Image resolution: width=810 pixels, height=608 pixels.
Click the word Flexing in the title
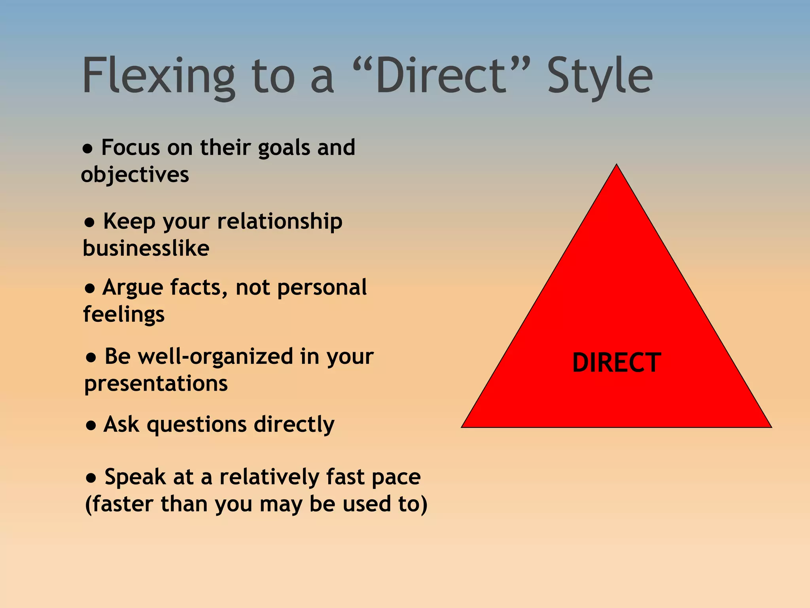tap(158, 76)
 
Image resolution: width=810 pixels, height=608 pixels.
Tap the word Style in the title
tap(600, 76)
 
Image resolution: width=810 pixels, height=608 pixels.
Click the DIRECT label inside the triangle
tap(616, 363)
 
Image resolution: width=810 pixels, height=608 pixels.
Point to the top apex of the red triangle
tap(617, 165)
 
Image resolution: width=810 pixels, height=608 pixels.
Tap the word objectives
tap(135, 175)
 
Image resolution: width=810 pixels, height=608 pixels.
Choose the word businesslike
tap(146, 249)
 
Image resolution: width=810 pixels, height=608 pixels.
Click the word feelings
tap(124, 315)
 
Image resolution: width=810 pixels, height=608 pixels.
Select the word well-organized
tap(215, 356)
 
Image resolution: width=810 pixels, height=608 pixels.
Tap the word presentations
tap(156, 384)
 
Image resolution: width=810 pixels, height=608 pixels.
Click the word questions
tap(197, 425)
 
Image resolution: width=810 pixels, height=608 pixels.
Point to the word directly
tap(294, 425)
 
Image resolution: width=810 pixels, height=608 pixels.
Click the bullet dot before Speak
tap(91, 478)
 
